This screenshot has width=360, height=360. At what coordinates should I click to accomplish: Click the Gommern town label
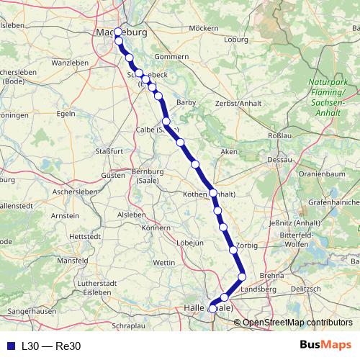tap(171, 56)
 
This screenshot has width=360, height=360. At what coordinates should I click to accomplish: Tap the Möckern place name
tap(203, 28)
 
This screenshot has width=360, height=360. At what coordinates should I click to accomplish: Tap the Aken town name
tap(229, 152)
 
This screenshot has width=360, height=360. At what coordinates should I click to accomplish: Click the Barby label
tap(186, 103)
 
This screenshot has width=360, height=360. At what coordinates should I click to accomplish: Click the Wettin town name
tap(164, 263)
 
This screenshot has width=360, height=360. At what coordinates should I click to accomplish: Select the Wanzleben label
tap(69, 63)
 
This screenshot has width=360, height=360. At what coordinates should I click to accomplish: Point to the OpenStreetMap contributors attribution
tap(297, 322)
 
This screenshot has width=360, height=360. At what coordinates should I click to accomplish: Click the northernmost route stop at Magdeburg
tap(118, 32)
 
